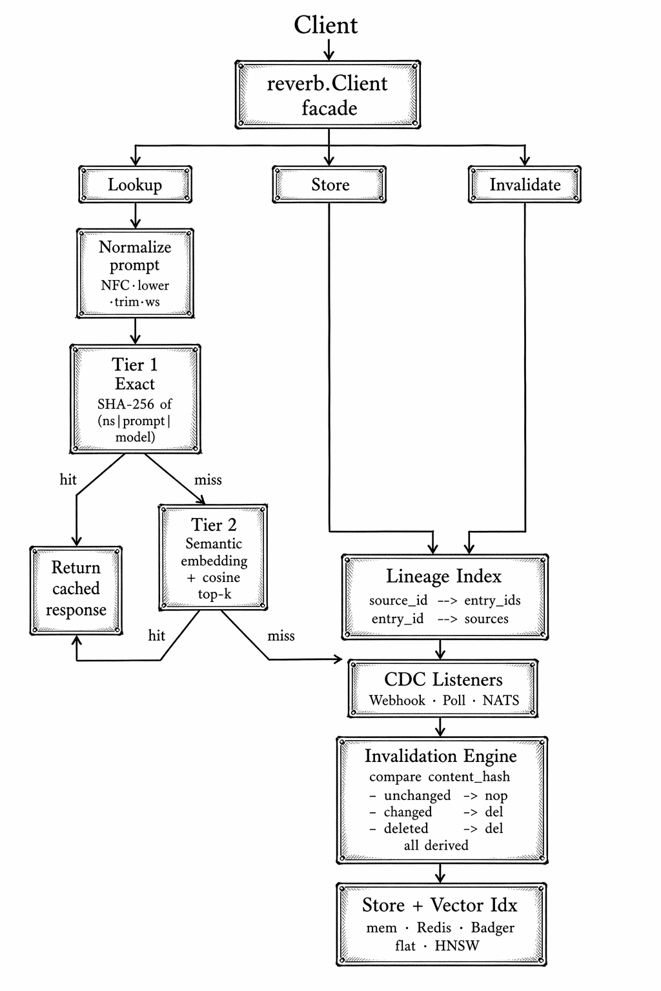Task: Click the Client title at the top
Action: [326, 25]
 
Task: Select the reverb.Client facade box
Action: [328, 95]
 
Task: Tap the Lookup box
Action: [135, 185]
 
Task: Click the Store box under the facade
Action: [329, 185]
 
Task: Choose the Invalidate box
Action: [524, 185]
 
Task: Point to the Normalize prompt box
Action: [135, 273]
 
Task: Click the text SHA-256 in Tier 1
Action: [126, 404]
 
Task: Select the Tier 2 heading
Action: [214, 525]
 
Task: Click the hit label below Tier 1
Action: [68, 479]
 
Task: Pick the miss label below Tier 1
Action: [208, 479]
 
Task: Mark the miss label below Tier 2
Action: [281, 636]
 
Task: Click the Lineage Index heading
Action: [443, 576]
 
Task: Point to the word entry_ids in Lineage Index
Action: [492, 600]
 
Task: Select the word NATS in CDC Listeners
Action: [500, 700]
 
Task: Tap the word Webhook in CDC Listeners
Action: [397, 700]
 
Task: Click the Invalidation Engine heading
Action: [440, 756]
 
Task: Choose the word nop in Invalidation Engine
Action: [496, 796]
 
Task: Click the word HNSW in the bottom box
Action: [457, 945]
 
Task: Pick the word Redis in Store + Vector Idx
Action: [434, 927]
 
